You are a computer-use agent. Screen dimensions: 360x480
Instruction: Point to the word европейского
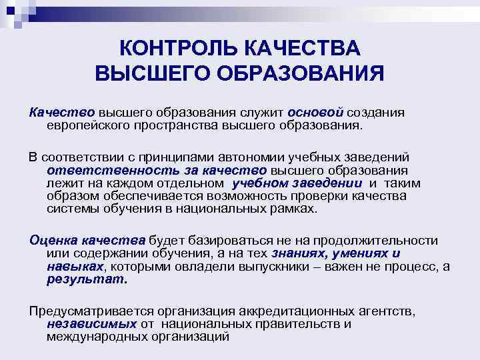[x=89, y=125]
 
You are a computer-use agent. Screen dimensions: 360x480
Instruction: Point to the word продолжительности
[x=381, y=241]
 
